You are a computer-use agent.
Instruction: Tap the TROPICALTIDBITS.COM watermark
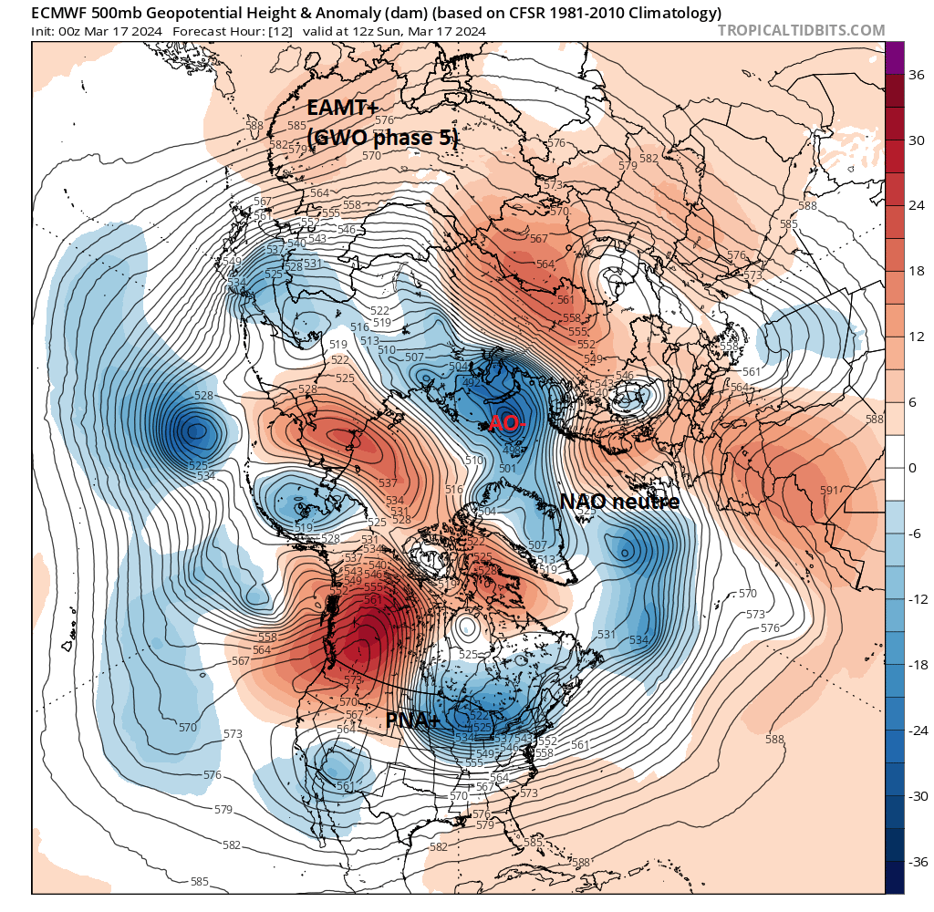point(801,30)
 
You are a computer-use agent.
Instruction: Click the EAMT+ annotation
point(343,107)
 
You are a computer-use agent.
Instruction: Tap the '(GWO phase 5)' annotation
point(382,138)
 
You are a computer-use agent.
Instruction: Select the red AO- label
point(507,423)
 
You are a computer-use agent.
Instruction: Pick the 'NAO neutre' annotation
point(619,502)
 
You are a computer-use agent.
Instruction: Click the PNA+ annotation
point(413,720)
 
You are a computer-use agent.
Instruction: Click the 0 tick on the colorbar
point(912,468)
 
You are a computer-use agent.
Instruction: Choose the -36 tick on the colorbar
point(916,861)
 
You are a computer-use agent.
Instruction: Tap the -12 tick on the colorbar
point(916,599)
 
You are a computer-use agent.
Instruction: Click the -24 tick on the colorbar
point(916,730)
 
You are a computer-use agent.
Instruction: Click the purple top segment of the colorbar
point(895,57)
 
